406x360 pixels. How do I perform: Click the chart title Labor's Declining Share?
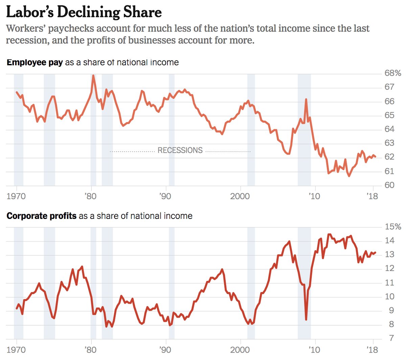pos(84,12)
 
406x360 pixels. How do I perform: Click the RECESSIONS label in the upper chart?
pos(180,151)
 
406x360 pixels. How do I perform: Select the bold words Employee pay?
pos(35,63)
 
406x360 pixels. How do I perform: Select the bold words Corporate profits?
pos(41,216)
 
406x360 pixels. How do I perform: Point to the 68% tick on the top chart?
pos(392,73)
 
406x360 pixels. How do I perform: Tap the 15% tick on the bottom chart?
pos(392,227)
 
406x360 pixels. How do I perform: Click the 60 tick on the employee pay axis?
pos(389,185)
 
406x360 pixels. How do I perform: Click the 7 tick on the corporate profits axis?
pos(391,338)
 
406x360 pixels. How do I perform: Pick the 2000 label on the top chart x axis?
pos(240,197)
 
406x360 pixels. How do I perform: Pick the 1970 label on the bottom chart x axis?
pos(16,350)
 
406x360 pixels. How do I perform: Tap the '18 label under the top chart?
pos(372,197)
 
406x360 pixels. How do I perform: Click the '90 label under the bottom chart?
pos(165,350)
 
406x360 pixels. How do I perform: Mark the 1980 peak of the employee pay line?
pos(93,75)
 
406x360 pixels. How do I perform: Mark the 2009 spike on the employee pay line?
pos(306,99)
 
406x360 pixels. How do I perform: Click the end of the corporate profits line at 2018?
pos(375,252)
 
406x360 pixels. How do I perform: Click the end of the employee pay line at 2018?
pos(375,157)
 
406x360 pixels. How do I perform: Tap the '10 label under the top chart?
pos(314,197)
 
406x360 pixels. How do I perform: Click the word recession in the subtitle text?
pos(23,40)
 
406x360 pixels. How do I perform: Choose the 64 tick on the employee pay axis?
pos(389,129)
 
